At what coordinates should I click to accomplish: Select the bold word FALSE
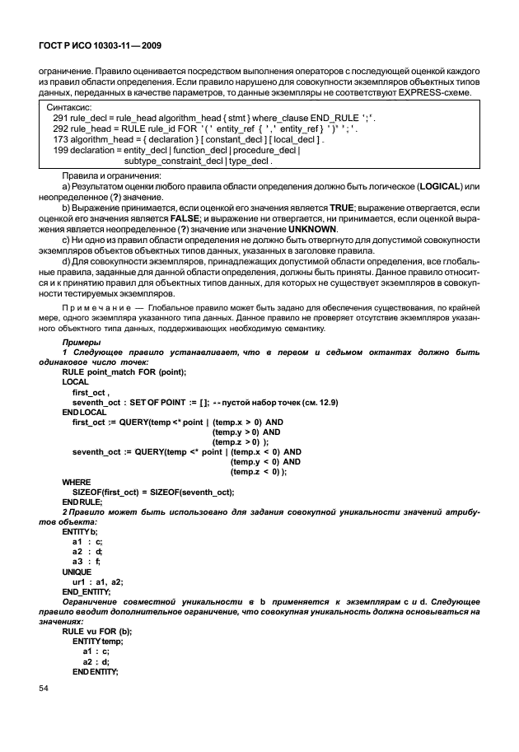[164, 220]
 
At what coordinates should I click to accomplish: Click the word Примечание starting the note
[91, 305]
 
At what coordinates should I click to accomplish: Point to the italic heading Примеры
[82, 341]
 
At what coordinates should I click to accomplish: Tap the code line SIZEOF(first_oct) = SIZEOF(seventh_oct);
[153, 491]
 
